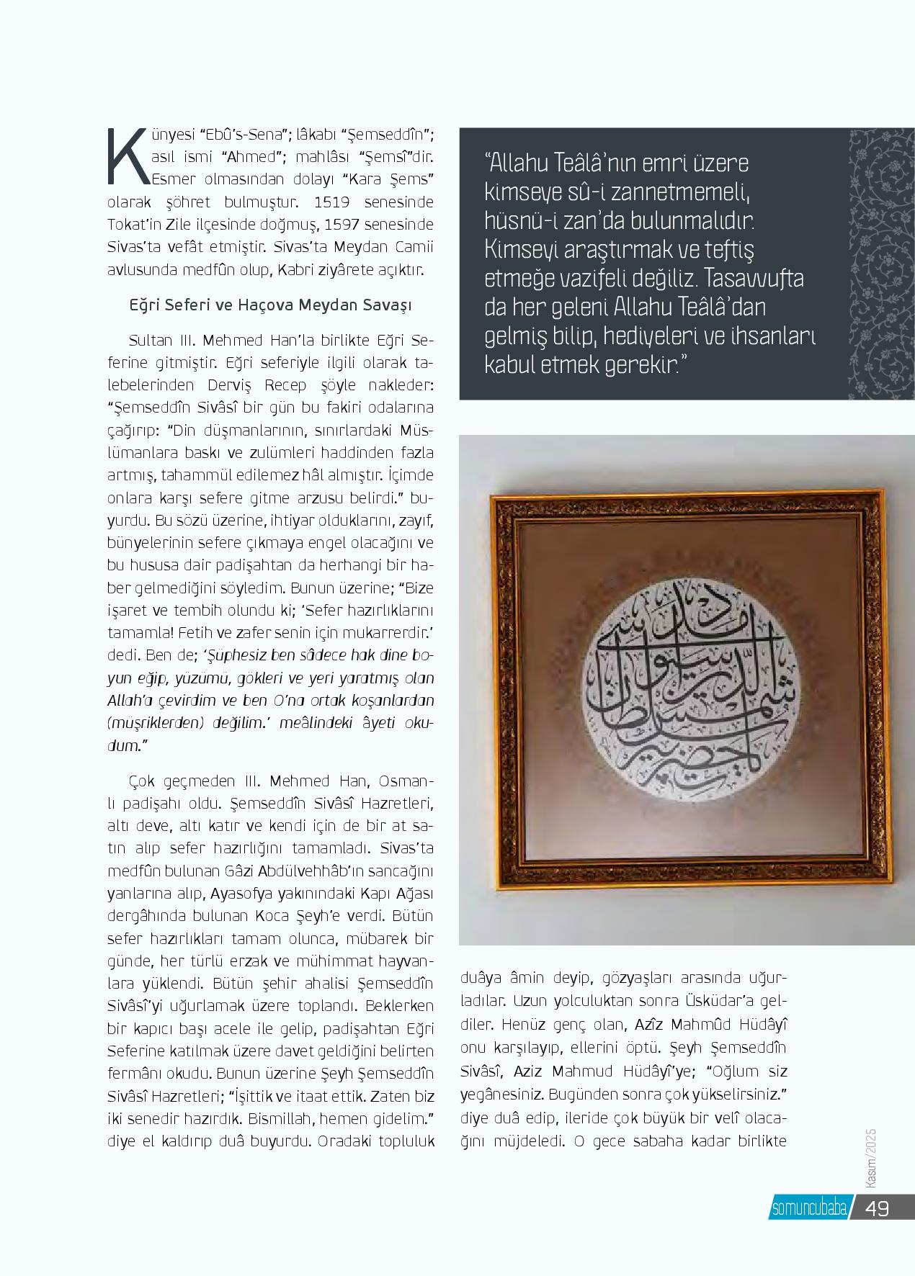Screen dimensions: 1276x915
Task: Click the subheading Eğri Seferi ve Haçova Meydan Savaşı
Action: [269, 306]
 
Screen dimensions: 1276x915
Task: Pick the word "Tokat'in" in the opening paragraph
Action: [137, 225]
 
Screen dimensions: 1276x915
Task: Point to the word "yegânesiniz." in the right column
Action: [501, 1095]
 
